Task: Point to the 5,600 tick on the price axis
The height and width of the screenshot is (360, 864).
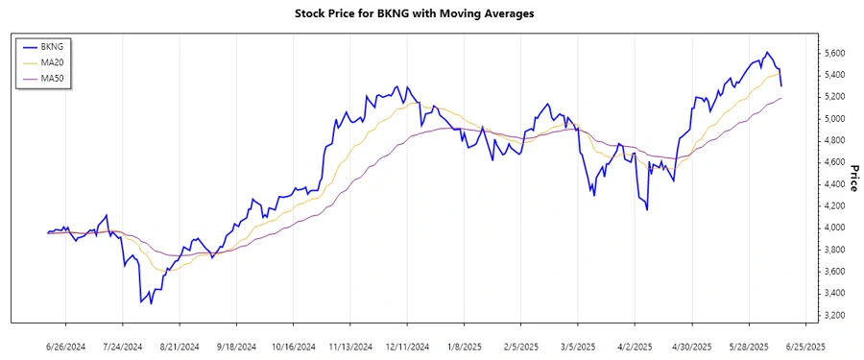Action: pos(838,53)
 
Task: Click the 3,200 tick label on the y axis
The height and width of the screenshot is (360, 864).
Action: pos(838,316)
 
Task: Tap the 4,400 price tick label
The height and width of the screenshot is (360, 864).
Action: pos(838,184)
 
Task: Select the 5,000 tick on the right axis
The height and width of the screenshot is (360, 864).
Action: pos(838,119)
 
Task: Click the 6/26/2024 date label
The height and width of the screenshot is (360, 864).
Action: pos(66,346)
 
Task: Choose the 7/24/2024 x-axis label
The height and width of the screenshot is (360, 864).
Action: pos(122,346)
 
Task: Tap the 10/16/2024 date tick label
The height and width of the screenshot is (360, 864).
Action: pos(294,346)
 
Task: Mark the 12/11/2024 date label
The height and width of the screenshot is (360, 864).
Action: pos(407,346)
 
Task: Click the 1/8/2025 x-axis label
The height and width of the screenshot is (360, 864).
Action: pos(464,346)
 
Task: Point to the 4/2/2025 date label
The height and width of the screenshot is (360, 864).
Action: pos(635,346)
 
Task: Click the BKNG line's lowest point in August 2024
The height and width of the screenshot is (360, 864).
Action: pos(141,303)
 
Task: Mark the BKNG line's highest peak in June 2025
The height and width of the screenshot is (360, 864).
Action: pos(766,52)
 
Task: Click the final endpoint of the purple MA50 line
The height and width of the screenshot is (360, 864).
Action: pos(781,98)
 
